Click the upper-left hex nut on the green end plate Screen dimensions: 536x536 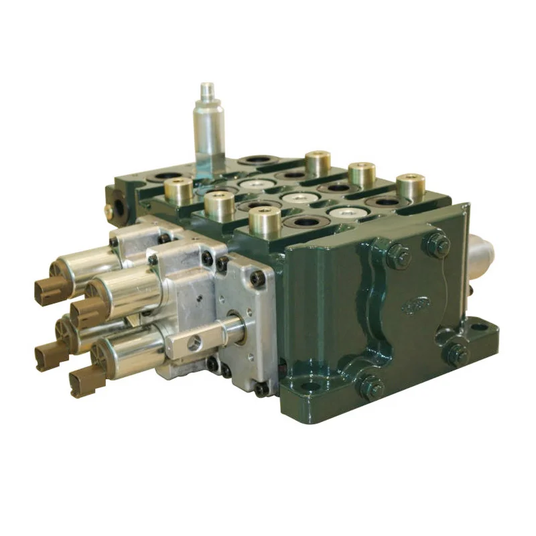[398, 255]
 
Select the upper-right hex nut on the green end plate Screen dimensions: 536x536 [439, 245]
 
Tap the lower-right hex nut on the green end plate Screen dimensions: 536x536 [458, 353]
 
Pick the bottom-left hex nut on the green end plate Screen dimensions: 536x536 [372, 387]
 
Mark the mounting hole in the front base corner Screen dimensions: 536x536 [308, 387]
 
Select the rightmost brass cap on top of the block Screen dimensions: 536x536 [411, 187]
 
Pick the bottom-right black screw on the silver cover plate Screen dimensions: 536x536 [261, 389]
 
